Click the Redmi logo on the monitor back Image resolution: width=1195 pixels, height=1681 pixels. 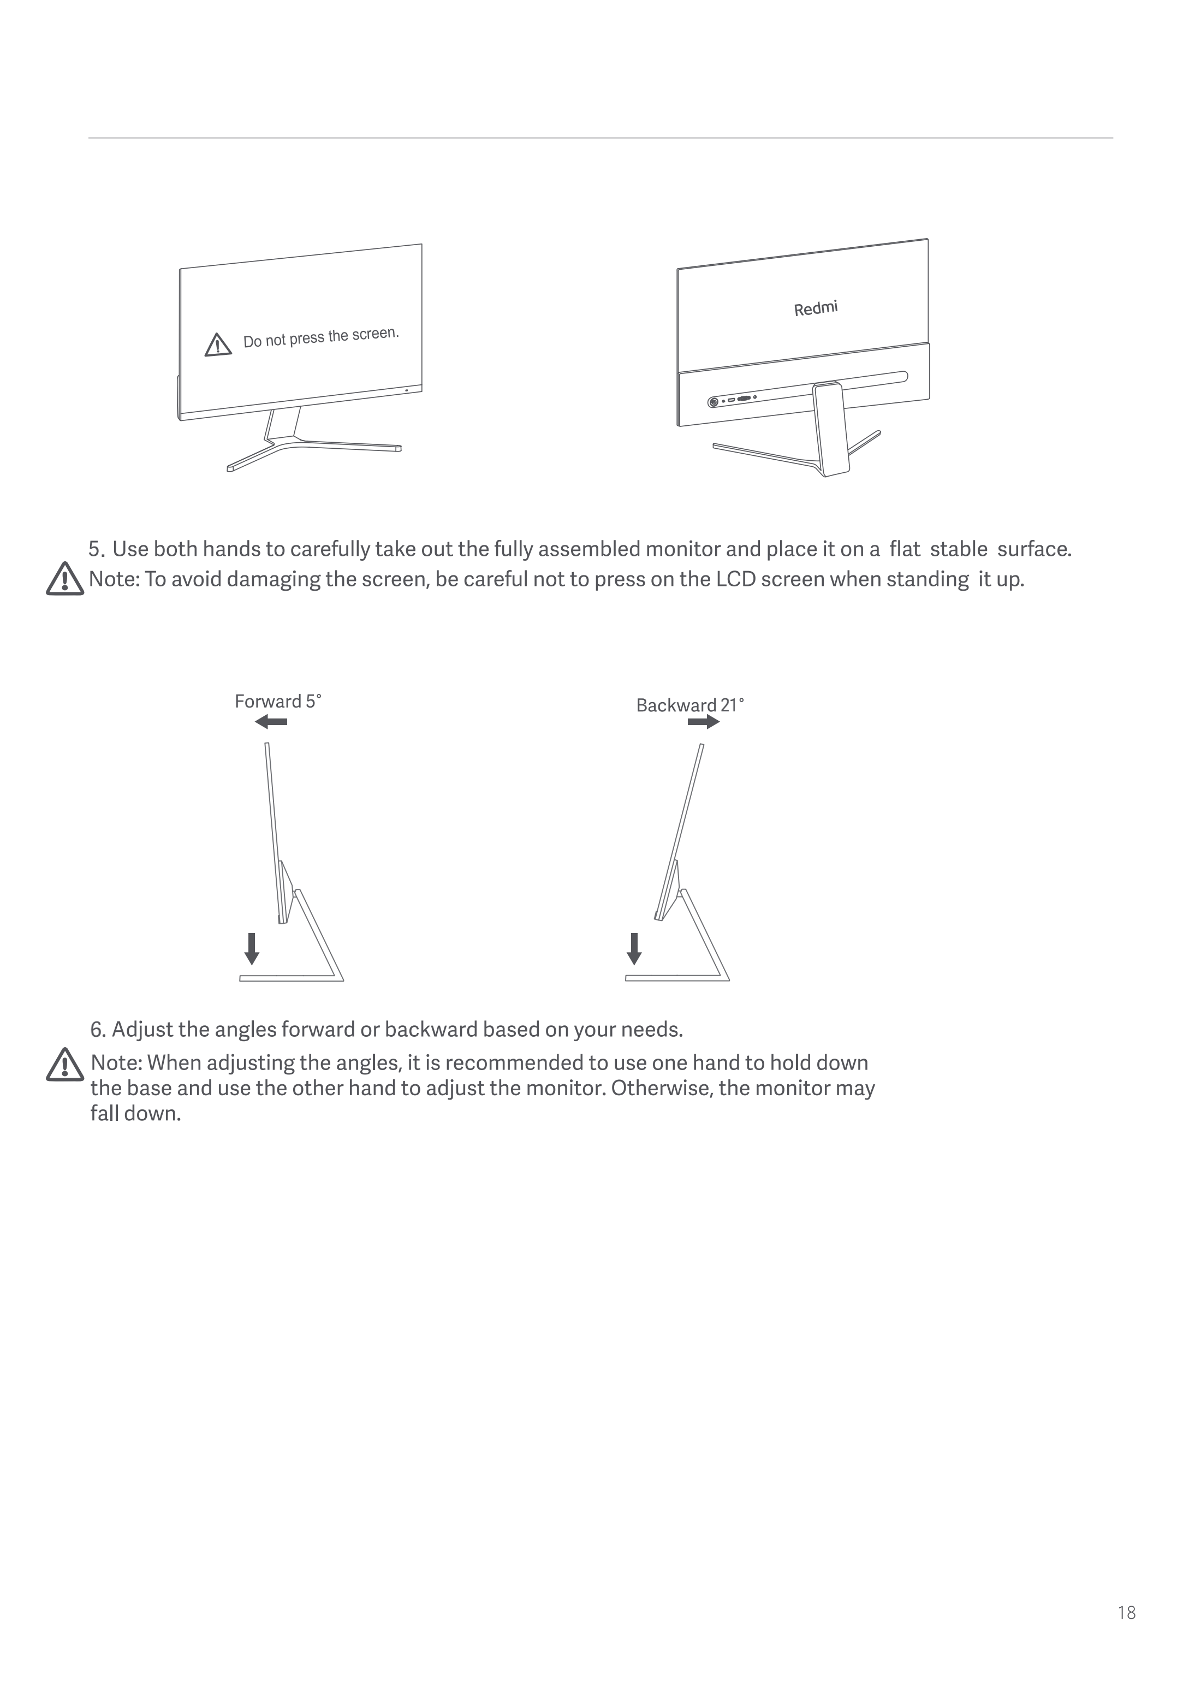(815, 308)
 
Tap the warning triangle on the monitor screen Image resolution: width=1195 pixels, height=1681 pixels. (218, 345)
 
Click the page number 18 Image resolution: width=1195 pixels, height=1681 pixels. (1126, 1613)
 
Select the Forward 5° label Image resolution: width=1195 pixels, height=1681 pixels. (277, 702)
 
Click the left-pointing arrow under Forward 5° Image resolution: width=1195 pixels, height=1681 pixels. (271, 722)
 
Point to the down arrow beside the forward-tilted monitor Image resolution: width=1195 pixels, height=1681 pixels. (252, 948)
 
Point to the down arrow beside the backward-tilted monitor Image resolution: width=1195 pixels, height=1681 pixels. (634, 948)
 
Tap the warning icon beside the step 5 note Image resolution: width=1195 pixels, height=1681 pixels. (65, 579)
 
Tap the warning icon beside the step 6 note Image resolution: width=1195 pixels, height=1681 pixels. (65, 1065)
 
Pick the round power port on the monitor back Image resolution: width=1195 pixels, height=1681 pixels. (713, 402)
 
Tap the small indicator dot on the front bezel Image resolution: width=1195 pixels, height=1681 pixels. (406, 389)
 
